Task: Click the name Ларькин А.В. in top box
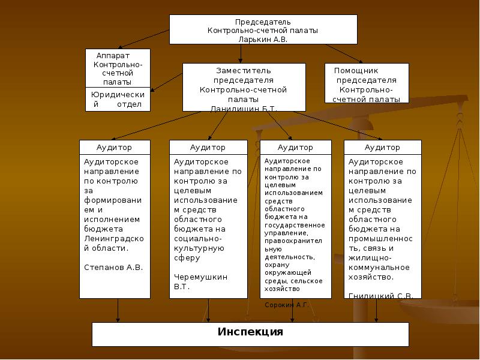pos(263,39)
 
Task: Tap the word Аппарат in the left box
pos(109,55)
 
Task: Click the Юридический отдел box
pos(118,100)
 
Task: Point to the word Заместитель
pos(244,71)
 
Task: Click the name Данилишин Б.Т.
pos(244,109)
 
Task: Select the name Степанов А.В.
pos(113,267)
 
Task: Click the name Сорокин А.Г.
pos(287,305)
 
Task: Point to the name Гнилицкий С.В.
pos(381,295)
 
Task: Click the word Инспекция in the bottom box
pos(250,332)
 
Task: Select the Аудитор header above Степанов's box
pos(114,147)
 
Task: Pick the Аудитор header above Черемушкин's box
pos(208,147)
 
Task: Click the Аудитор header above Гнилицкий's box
pos(382,147)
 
